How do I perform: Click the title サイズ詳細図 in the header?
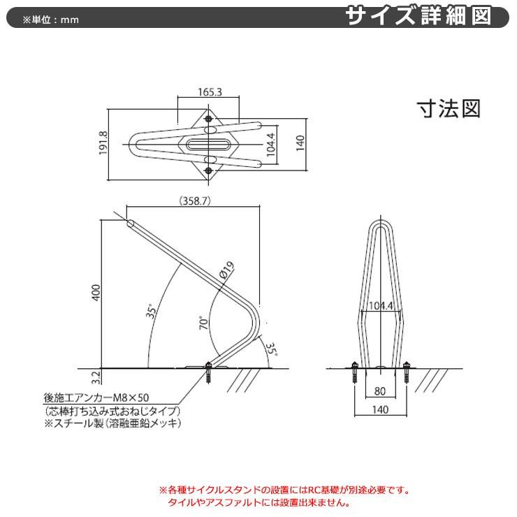[427, 16]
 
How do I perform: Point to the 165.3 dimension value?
[210, 92]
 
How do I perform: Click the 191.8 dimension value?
[103, 145]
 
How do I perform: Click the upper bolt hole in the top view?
[210, 119]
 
